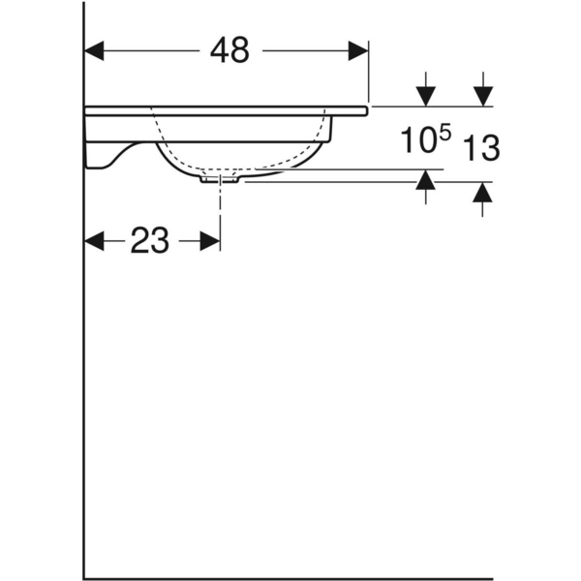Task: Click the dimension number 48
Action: click(x=229, y=49)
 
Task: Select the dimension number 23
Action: click(x=150, y=240)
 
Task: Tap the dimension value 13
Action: click(x=481, y=148)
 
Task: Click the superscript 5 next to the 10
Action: click(x=444, y=134)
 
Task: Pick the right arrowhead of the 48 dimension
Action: click(x=359, y=49)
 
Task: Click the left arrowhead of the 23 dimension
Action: click(x=95, y=240)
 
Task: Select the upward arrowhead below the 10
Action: click(x=425, y=181)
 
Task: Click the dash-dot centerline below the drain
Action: click(x=222, y=208)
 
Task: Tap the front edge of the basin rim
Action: click(x=366, y=110)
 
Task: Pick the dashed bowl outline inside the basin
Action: click(x=242, y=163)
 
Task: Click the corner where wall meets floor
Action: click(x=85, y=578)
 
